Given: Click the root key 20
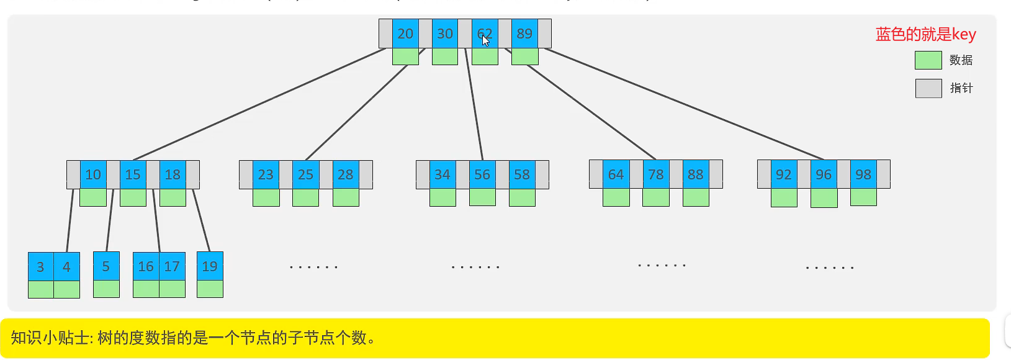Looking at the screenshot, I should point(405,34).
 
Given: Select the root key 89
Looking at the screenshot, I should point(524,34).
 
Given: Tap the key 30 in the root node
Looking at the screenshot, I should point(445,34).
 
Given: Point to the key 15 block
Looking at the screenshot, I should point(133,174).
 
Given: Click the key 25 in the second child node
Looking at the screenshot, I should point(305,174).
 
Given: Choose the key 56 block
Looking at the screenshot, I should point(482,174).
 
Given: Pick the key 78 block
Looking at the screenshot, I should point(656,174).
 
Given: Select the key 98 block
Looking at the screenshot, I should point(863,174).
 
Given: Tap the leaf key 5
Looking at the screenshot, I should point(106,266).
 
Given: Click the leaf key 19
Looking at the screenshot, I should point(210,266).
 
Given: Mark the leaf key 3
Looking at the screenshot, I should point(40,267).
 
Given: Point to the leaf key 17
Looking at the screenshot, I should point(172,266).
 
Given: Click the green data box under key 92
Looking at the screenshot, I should point(784,197).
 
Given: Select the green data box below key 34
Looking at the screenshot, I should point(443,197).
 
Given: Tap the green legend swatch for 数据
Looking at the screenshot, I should point(928,60).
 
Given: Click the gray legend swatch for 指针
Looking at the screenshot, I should point(928,88).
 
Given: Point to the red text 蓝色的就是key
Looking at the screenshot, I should point(925,34).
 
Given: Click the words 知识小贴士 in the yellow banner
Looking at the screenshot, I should point(50,338).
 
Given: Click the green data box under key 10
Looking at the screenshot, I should point(93,197).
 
